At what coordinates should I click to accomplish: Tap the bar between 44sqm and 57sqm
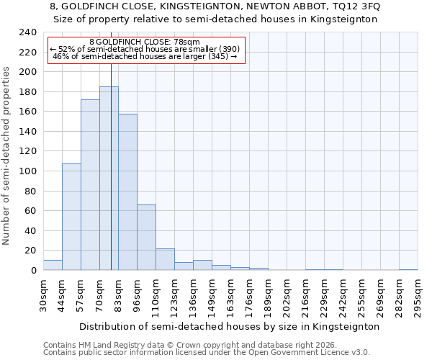coord(71,217)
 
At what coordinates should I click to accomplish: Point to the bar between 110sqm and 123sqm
coord(165,259)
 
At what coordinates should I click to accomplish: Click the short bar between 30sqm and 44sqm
coord(53,265)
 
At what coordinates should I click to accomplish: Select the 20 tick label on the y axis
coord(30,251)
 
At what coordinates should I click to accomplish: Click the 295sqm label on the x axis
coord(418,294)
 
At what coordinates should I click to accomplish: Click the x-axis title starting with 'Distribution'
coord(229,326)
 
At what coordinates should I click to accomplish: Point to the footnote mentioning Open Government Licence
coord(207,352)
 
